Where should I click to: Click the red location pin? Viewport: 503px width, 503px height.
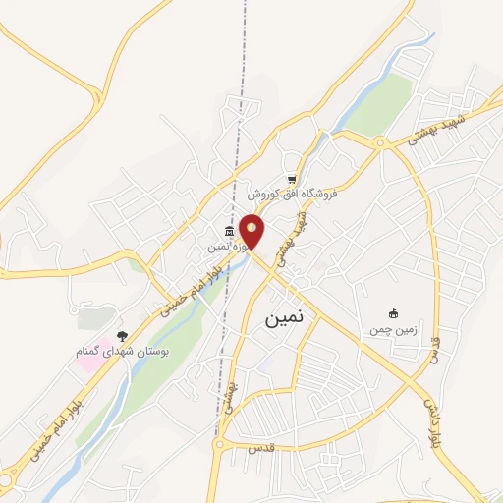tap(252, 231)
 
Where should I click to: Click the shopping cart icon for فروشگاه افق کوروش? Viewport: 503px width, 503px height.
tap(292, 179)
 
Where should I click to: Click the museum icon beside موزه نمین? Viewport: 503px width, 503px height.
tap(229, 232)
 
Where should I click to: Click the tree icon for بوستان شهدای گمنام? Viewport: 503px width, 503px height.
tap(123, 336)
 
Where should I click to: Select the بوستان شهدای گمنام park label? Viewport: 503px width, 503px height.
tap(123, 351)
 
